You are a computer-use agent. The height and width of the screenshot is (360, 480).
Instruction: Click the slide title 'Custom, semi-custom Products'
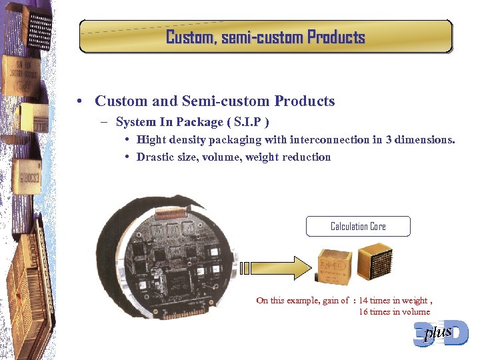(265, 37)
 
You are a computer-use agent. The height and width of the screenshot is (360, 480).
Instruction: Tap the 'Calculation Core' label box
(358, 227)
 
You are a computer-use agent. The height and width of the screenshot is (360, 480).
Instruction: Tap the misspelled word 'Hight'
(151, 139)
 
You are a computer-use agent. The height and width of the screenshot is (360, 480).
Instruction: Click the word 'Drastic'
(155, 157)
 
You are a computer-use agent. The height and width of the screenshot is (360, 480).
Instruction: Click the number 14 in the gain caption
(363, 301)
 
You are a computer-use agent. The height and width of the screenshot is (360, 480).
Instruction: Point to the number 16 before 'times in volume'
(363, 311)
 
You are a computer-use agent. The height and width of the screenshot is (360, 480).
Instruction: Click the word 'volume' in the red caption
(415, 311)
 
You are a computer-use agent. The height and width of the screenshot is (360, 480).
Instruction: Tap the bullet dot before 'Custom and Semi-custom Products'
(79, 101)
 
